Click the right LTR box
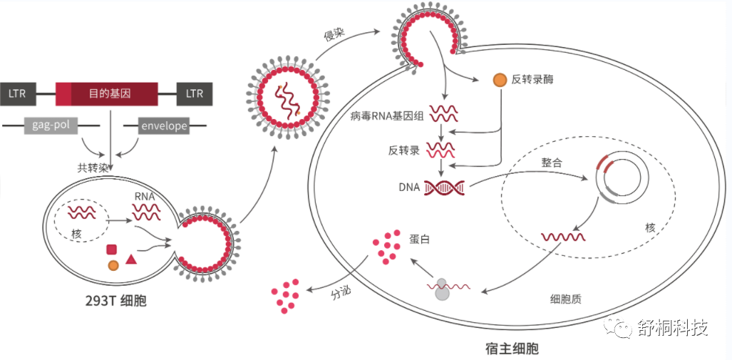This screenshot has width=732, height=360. pos(194,94)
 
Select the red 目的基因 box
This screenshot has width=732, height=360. pos(107,94)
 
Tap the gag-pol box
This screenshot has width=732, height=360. pos(51,125)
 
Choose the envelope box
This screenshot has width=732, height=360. pos(164,125)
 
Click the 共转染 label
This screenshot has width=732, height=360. pos(93,168)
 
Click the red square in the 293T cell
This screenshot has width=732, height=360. pos(112,250)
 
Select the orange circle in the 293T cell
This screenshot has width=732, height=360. pos(113,266)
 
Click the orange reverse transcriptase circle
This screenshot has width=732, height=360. pos(500,80)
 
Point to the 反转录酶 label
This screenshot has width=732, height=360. pos(532,80)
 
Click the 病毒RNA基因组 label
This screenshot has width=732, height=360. pos(387,116)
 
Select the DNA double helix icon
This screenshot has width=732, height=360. pos(445,187)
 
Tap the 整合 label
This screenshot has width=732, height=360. pos(552,163)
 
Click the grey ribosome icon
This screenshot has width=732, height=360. pos(442,290)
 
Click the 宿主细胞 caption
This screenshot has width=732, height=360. pos(512,349)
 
